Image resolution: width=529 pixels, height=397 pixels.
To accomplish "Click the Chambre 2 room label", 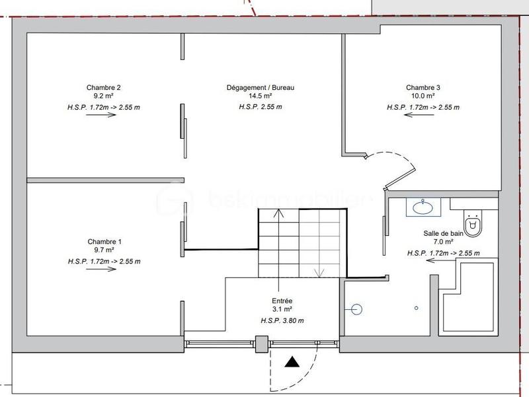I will click(x=104, y=87).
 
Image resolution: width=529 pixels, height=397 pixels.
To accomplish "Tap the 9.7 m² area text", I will click(x=104, y=251).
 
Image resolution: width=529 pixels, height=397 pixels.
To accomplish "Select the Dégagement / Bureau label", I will click(x=260, y=87).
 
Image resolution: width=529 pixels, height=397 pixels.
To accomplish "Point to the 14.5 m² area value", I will click(x=260, y=96).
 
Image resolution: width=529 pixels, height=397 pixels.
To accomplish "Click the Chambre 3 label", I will click(x=423, y=87).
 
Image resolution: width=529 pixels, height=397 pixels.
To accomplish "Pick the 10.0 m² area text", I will click(x=423, y=96).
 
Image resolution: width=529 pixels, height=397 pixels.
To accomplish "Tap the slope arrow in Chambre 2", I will click(x=101, y=114).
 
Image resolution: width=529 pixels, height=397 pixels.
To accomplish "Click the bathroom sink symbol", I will click(x=422, y=207).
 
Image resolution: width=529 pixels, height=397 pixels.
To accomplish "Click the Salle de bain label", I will click(x=444, y=234).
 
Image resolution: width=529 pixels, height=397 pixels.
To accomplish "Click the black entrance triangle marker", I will click(x=291, y=362).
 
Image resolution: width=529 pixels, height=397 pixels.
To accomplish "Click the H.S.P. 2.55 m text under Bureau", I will click(x=260, y=106).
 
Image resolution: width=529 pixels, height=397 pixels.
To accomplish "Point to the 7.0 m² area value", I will click(x=444, y=243).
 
